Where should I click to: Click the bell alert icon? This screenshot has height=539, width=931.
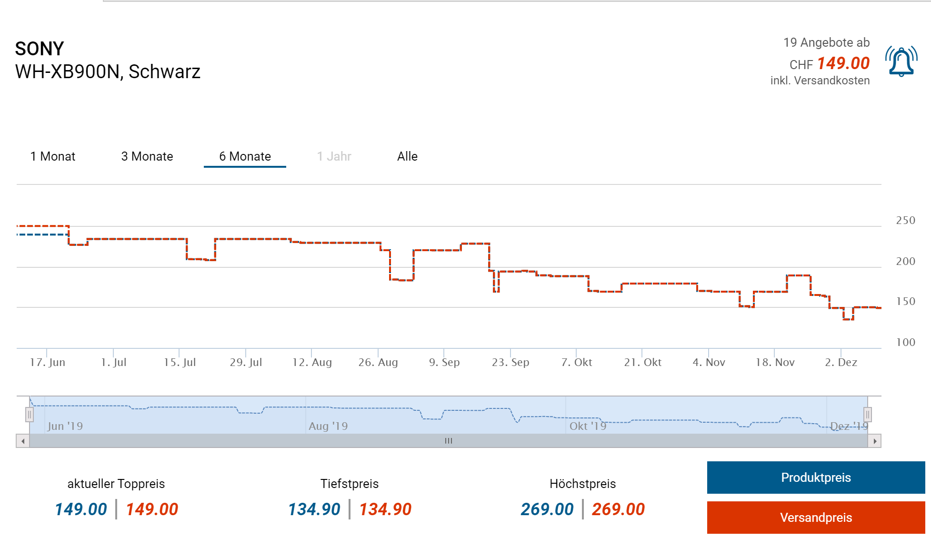coord(901,62)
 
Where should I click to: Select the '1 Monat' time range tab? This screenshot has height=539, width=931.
coord(53,156)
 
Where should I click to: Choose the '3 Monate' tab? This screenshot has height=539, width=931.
coord(147,156)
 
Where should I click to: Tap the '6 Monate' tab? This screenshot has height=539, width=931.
coord(245,156)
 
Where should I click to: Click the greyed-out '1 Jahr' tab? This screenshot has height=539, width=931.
coord(334,156)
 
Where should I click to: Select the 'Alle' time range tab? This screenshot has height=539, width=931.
coord(407,156)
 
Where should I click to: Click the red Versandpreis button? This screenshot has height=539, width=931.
coord(816,518)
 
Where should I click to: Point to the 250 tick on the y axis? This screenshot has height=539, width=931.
coord(905,221)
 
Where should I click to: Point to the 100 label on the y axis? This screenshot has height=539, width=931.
coord(905,342)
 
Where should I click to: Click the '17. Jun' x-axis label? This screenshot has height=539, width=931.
coord(48,362)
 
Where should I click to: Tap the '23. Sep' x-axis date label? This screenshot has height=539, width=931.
coord(511,362)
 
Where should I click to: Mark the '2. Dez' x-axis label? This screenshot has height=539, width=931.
coord(841,362)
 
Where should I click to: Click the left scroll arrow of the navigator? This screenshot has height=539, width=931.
coord(23,441)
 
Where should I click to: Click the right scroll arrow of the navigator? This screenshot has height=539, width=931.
coord(875,441)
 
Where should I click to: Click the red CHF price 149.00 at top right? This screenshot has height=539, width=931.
coord(843,63)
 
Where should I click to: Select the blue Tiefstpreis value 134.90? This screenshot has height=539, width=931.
coord(314,509)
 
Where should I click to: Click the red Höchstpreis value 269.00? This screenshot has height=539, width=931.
coord(618,509)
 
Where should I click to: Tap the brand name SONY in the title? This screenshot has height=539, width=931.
coord(40,49)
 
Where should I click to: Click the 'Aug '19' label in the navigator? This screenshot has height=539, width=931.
coord(328,426)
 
